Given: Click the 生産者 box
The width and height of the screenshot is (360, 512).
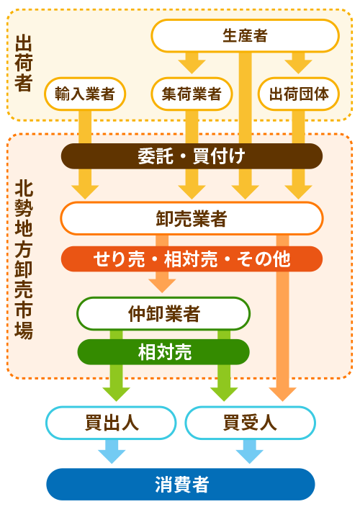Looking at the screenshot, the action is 245,35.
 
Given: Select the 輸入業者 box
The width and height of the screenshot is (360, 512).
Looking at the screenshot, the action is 85,94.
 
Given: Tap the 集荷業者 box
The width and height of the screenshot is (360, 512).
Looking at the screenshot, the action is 192,94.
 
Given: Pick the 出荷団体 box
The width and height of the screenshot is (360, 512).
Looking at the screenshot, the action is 299,94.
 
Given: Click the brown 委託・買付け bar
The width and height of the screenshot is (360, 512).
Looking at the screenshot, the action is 192,156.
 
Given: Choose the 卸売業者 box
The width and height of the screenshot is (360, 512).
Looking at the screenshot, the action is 192,218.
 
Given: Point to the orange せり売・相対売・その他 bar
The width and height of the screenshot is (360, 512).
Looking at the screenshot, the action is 192,259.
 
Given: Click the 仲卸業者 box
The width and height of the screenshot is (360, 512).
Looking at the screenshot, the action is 163,313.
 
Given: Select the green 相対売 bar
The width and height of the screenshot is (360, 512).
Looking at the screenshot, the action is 163,352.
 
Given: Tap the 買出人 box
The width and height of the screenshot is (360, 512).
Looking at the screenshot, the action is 111,423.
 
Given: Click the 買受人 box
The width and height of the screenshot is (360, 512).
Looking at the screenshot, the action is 250,423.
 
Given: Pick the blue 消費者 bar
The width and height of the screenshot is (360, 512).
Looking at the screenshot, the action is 181,484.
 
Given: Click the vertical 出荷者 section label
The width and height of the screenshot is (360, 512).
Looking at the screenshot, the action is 24,63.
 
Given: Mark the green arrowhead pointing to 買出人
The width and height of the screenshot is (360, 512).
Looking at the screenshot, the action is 116,394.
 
